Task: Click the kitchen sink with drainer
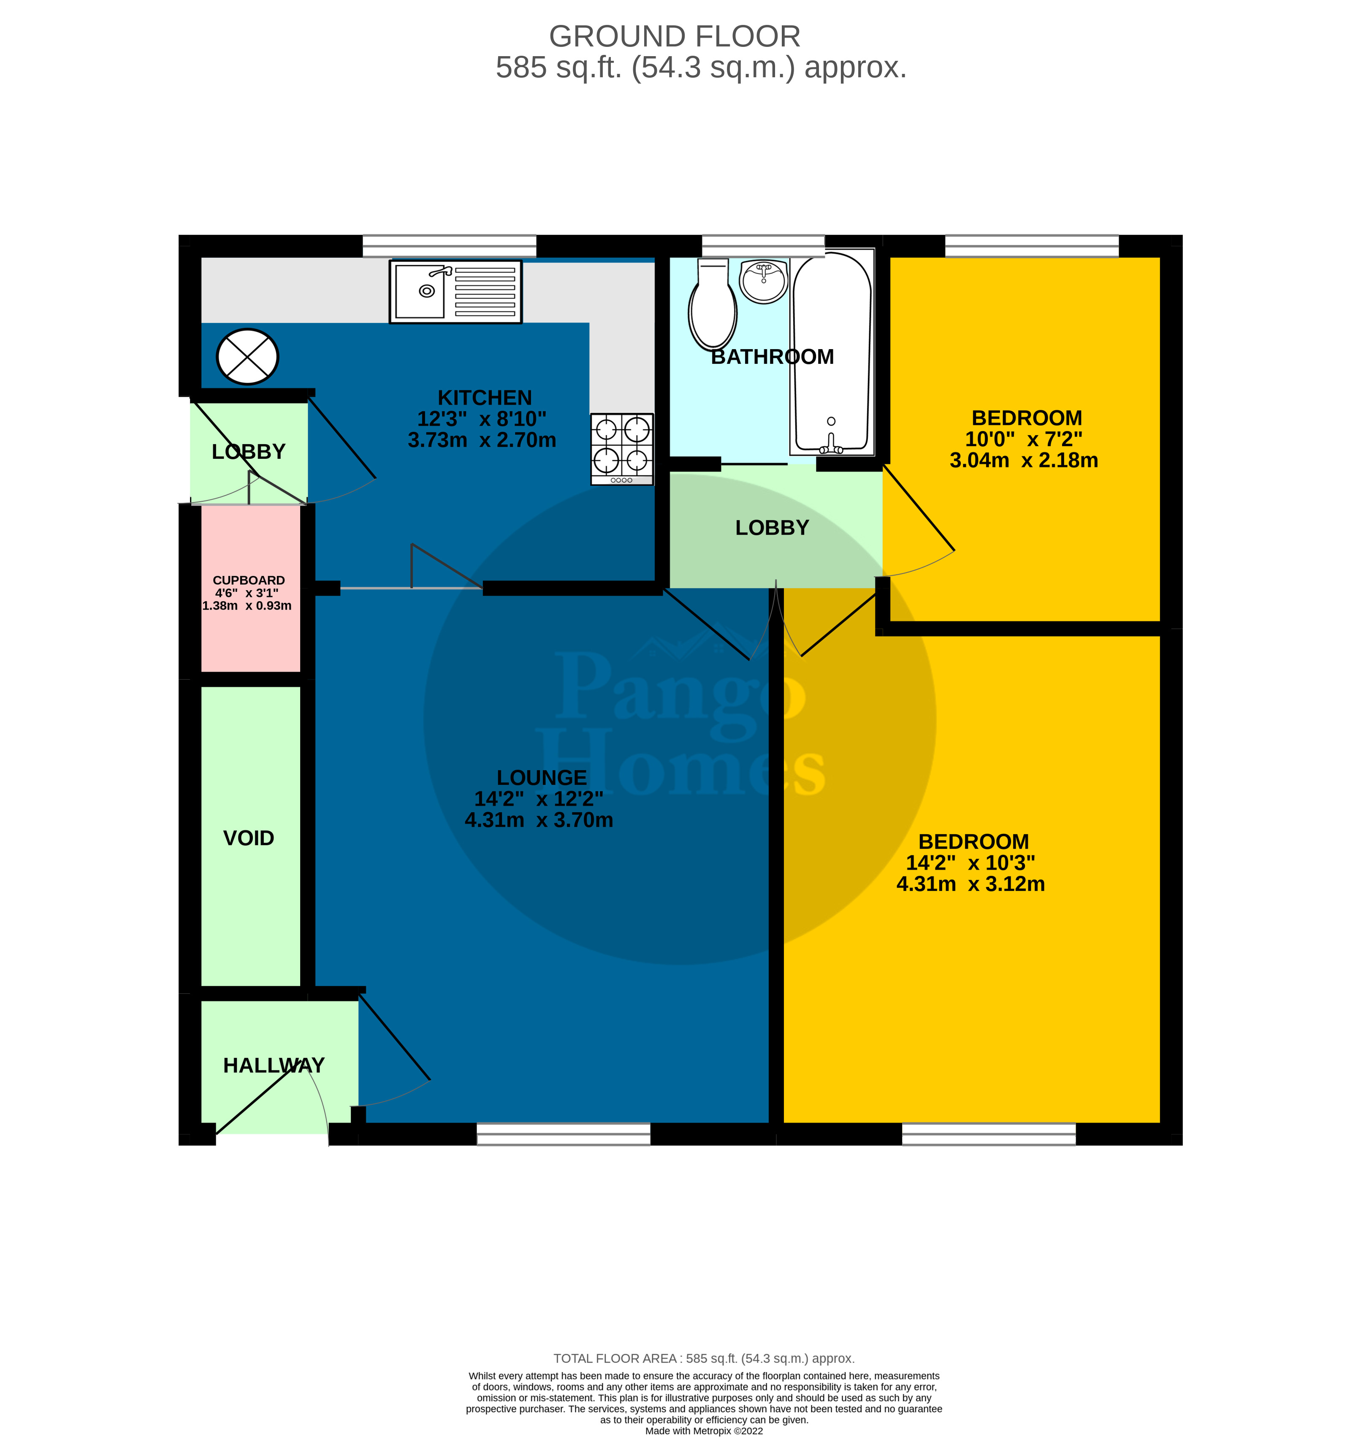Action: (455, 292)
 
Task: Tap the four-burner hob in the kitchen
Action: (622, 449)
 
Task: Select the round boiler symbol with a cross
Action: (247, 357)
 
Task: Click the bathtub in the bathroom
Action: (831, 352)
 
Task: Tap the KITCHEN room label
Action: (485, 398)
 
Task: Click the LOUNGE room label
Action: (541, 778)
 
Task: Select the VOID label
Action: (249, 838)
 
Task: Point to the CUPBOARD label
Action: (249, 580)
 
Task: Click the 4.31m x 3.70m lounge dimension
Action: (539, 820)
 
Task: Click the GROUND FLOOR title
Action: (675, 36)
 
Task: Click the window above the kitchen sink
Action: (449, 246)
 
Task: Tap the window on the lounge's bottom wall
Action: (564, 1134)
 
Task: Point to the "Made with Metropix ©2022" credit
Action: (704, 1431)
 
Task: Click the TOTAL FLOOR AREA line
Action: (704, 1358)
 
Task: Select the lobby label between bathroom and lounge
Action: (772, 527)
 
